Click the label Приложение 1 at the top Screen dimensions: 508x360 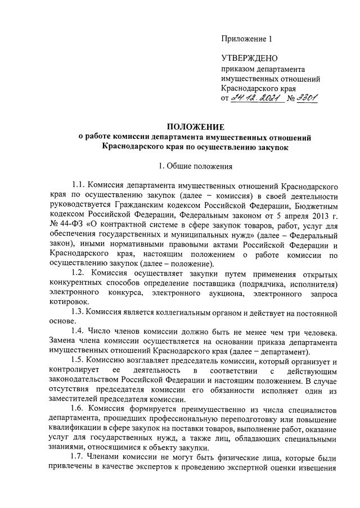[247, 39]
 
